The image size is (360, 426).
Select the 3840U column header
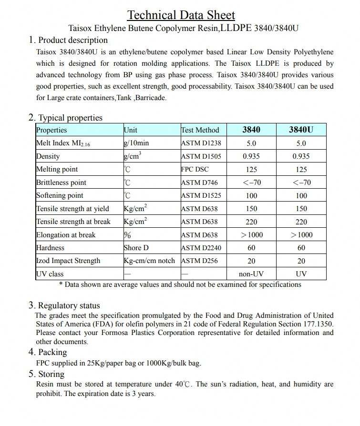[301, 130]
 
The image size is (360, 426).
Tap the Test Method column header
[200, 130]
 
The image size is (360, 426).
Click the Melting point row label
[57, 169]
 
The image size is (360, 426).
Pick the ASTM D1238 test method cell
[201, 143]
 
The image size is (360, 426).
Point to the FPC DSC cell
[195, 169]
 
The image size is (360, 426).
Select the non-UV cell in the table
[251, 274]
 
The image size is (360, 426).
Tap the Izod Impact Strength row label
[68, 261]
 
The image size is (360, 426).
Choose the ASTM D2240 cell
[201, 248]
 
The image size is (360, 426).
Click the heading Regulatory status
[69, 305]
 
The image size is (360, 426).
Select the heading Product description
[72, 40]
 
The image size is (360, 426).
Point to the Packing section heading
[52, 352]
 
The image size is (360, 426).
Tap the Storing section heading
[51, 374]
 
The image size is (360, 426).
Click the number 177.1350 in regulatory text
[317, 324]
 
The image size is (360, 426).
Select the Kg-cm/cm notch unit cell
[149, 261]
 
